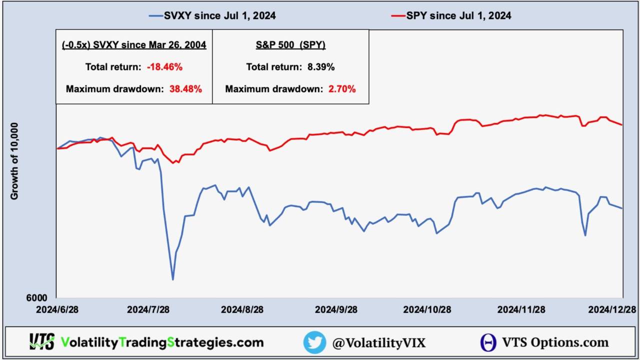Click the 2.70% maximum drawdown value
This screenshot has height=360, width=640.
[342, 89]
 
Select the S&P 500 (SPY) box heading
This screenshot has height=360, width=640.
[290, 45]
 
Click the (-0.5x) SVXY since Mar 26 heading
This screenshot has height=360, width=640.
[134, 45]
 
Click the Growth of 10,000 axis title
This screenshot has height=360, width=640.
[14, 161]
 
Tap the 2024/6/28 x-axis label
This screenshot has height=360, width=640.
[57, 309]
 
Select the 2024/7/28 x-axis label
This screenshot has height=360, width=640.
[148, 309]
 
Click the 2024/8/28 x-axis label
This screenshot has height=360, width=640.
[242, 309]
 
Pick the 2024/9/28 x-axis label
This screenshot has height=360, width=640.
[336, 309]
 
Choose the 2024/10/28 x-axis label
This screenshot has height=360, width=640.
[427, 309]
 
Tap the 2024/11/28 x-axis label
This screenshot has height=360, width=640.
[521, 309]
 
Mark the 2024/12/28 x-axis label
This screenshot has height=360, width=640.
[613, 309]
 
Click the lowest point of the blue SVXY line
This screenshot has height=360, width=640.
[173, 279]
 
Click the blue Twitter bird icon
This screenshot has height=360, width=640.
[314, 342]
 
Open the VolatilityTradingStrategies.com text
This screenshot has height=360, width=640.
[162, 342]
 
